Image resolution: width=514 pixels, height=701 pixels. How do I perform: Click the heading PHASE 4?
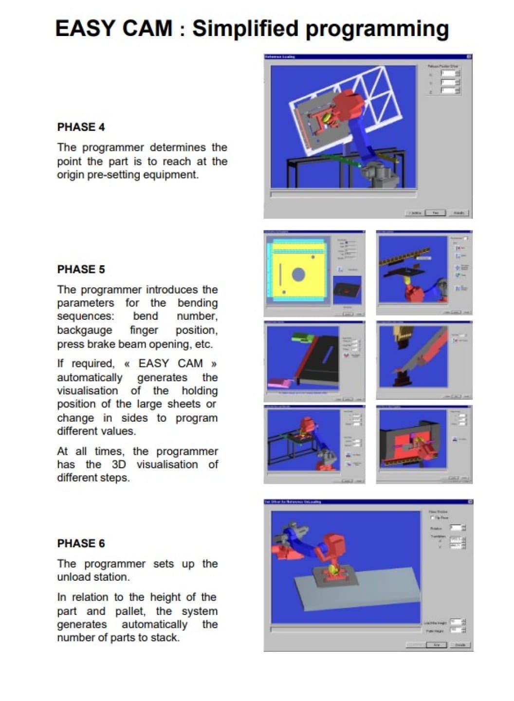(81, 127)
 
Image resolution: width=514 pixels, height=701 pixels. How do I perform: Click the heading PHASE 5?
(81, 269)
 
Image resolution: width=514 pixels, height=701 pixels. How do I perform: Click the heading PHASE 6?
(81, 543)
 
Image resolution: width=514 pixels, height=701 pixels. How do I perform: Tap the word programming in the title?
(377, 29)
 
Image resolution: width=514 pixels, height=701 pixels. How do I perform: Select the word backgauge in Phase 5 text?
(84, 330)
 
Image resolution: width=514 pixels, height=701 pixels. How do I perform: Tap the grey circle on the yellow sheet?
(298, 274)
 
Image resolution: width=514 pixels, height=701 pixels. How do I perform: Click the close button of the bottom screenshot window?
(470, 501)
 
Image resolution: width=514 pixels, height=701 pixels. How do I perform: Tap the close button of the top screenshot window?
(469, 57)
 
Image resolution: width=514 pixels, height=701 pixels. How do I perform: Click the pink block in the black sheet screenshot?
(280, 384)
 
